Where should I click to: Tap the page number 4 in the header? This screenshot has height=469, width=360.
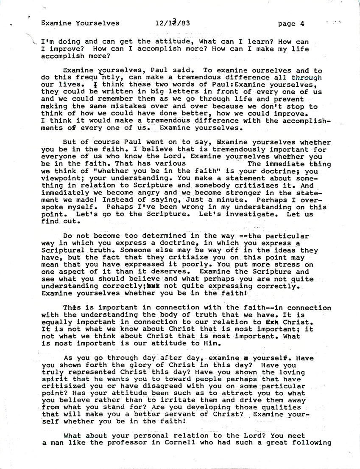(301, 24)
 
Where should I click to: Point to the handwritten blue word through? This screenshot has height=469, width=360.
(307, 78)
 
